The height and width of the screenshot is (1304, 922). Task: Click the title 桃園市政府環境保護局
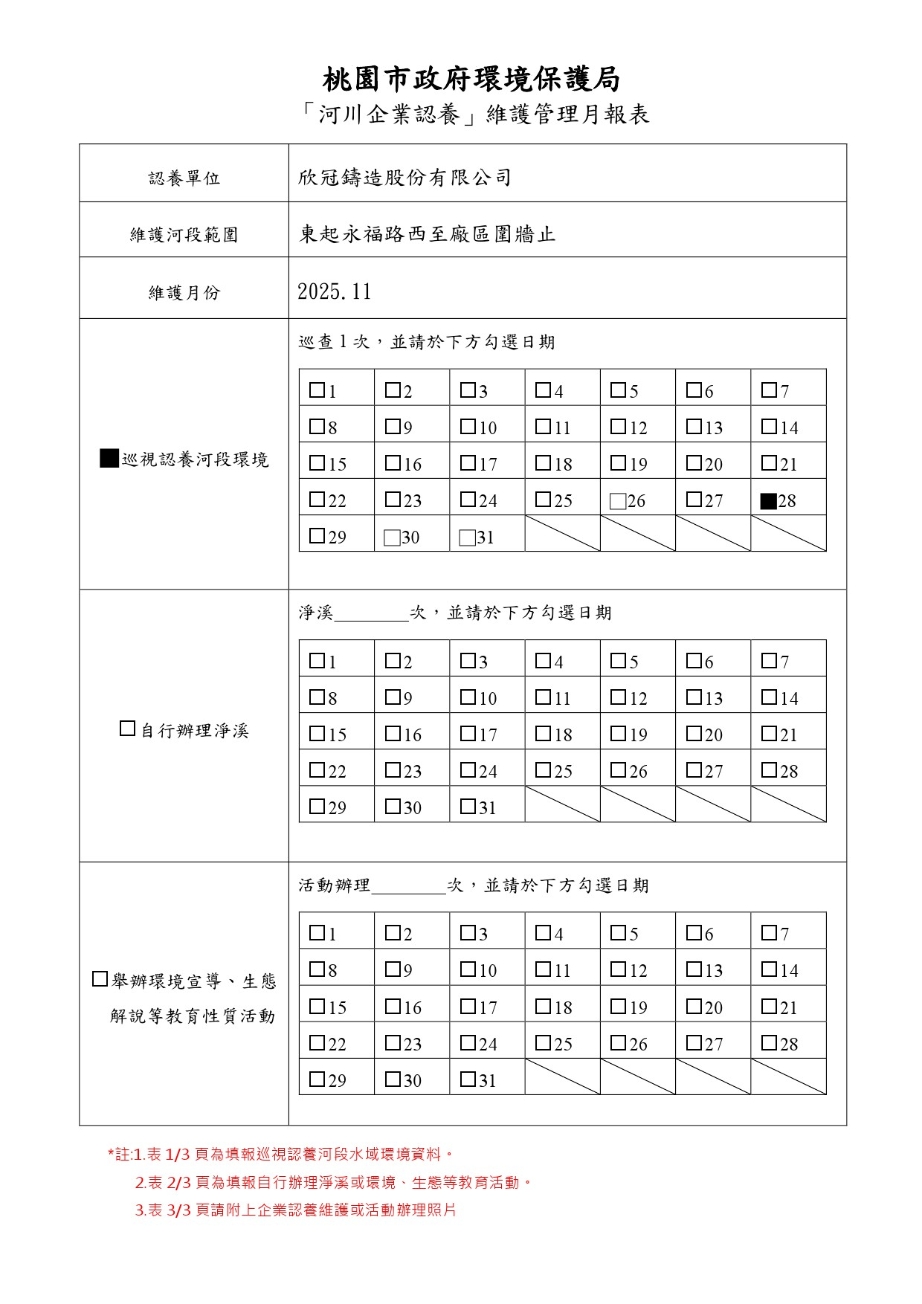click(x=471, y=79)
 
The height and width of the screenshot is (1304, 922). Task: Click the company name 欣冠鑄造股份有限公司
click(x=404, y=178)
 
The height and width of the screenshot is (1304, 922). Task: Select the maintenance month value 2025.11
click(x=335, y=291)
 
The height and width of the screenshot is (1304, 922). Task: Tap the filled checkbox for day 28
click(x=768, y=501)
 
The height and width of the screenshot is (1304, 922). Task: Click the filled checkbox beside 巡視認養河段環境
click(x=109, y=459)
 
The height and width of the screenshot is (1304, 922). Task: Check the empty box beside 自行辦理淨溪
click(x=127, y=729)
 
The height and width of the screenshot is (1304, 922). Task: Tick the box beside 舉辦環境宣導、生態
click(x=100, y=979)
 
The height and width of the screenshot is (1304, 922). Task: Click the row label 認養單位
click(x=184, y=178)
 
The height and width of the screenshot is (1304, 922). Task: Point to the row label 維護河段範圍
click(x=184, y=235)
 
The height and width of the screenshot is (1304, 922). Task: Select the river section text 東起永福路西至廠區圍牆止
click(x=427, y=234)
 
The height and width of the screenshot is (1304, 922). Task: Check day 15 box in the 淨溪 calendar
click(x=317, y=734)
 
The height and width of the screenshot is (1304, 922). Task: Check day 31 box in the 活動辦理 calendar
click(x=468, y=1079)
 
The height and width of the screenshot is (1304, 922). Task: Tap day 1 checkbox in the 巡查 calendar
click(x=317, y=390)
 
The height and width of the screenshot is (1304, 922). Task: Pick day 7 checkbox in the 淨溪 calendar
click(x=769, y=660)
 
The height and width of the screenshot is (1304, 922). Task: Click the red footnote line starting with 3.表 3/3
click(x=295, y=1210)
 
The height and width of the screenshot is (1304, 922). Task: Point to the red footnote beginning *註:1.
click(x=280, y=1155)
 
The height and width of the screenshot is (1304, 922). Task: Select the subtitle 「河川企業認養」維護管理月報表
click(x=476, y=114)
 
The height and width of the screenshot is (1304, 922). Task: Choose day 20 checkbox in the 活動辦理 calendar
click(x=694, y=1006)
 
